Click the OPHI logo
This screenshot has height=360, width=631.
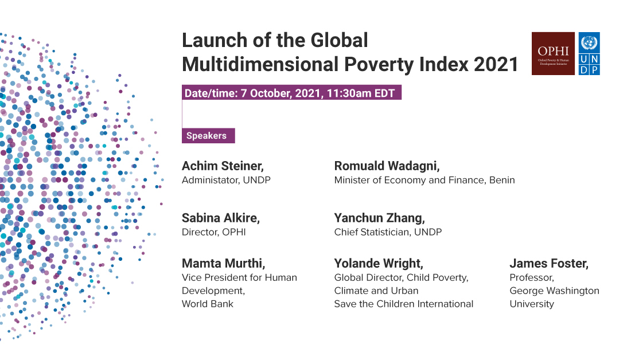click(553, 53)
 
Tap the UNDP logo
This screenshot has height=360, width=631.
click(589, 53)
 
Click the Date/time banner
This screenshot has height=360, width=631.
click(291, 93)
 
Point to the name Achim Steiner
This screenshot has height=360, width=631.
click(223, 166)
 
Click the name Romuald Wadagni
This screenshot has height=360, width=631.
click(387, 166)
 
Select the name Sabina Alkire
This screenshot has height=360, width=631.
click(221, 218)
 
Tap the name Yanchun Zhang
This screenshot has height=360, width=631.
click(380, 218)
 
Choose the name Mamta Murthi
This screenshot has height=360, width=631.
click(223, 264)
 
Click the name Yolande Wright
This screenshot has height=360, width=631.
click(379, 264)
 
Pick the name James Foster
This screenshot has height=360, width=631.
click(549, 264)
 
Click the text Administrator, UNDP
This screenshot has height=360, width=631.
click(225, 180)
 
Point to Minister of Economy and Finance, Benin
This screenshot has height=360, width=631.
click(424, 180)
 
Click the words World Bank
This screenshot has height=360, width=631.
click(207, 304)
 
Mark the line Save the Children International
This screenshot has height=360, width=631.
click(403, 304)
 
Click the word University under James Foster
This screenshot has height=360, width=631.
click(532, 304)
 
